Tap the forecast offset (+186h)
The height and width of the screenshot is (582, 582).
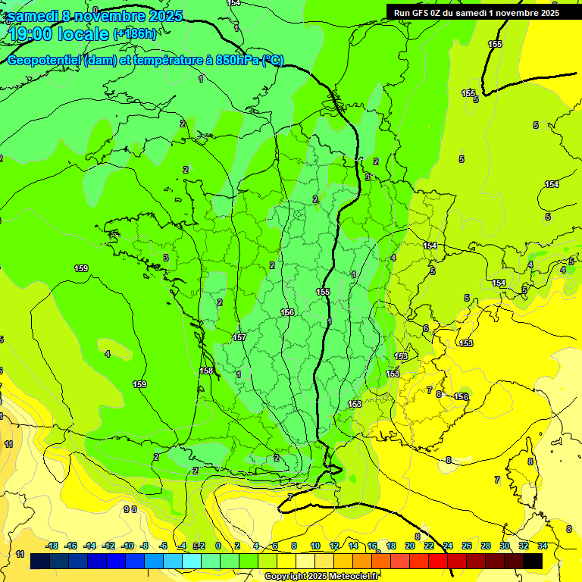[x=135, y=33]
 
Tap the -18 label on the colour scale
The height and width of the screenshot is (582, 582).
[x=52, y=546]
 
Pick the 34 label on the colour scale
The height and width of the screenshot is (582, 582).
[x=543, y=546]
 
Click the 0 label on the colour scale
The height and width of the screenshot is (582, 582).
[x=218, y=546]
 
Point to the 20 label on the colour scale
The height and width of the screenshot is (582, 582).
[x=410, y=546]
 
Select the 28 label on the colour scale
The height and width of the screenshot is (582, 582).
[x=486, y=546]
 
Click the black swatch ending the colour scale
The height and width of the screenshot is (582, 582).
[x=533, y=562]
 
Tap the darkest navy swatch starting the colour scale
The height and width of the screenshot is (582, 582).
[x=40, y=562]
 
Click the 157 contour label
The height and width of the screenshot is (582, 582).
[x=239, y=337]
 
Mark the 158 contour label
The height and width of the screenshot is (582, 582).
[x=206, y=371]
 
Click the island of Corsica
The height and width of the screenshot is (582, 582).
[x=524, y=470]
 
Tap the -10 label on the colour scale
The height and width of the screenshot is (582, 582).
[x=127, y=546]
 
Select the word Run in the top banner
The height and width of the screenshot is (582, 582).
[x=401, y=12]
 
